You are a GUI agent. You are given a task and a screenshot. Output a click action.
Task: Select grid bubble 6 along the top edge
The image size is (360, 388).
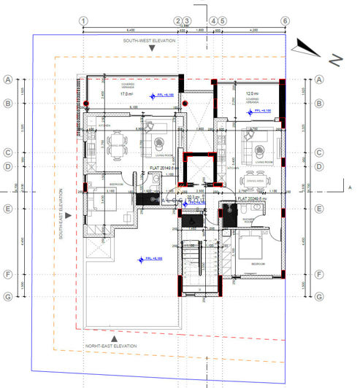point(286,21)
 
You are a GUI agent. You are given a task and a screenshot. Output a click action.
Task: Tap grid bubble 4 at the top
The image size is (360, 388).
point(213,21)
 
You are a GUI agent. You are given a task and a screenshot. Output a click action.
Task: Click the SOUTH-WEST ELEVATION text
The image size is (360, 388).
point(150,41)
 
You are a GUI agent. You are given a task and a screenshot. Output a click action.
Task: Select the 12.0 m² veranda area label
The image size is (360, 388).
point(251,94)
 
